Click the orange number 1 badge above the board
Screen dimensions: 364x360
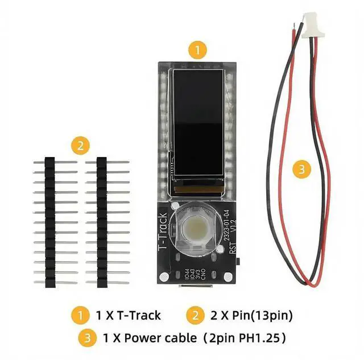[x=197, y=50]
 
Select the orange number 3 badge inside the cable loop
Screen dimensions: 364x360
[x=302, y=169]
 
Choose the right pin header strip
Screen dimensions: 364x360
[x=102, y=222]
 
